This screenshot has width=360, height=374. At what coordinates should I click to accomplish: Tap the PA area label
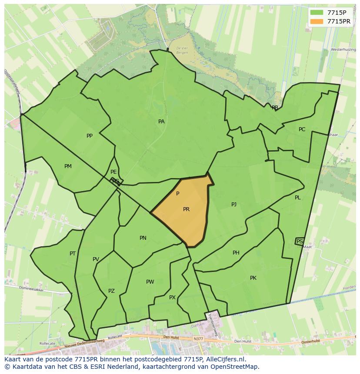point(161,122)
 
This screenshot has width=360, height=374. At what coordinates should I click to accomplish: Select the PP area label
point(90,136)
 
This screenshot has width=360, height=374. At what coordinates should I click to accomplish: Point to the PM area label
point(68,166)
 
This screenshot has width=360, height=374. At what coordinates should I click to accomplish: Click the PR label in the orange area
point(186,209)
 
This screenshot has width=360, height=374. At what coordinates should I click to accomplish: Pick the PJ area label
point(234,204)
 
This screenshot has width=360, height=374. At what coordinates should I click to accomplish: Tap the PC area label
point(302,129)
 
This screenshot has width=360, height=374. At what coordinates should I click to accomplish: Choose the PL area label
point(298,198)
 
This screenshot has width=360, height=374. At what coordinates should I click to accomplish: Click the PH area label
point(236,253)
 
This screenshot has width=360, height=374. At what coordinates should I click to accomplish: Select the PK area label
point(253,278)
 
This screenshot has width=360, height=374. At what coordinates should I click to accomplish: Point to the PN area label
point(143,238)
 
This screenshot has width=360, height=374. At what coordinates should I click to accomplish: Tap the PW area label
point(150,282)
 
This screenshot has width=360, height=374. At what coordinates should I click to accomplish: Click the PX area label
point(172,298)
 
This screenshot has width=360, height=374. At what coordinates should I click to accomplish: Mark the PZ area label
point(111,291)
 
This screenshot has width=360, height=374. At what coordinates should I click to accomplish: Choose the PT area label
point(73,254)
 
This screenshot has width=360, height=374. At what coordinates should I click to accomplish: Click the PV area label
point(96,260)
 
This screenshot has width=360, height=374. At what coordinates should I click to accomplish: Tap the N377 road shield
point(198,338)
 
